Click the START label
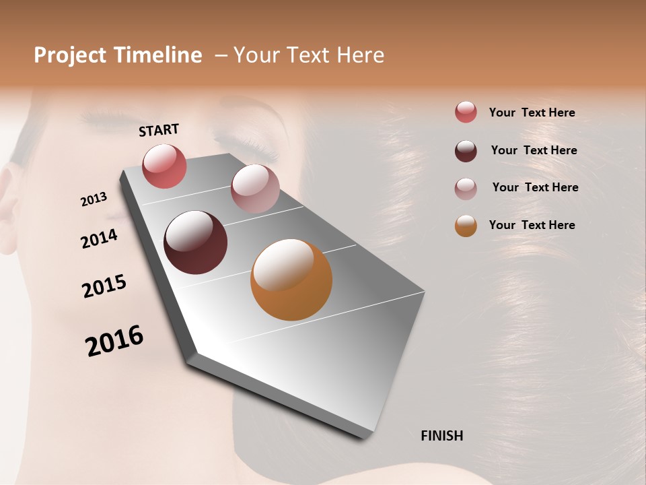pos(159,130)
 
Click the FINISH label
pos(441,436)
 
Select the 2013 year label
pos(94,199)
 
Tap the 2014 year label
pos(99,239)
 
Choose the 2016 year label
pos(114,341)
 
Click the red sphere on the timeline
pos(164,166)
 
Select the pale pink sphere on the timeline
pos(254,189)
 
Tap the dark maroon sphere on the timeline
pos(195,243)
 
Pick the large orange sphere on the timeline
pos(291,280)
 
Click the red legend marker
pos(466,112)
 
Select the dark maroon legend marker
pos(466,151)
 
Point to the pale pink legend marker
pos(466,189)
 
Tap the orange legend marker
pos(466,226)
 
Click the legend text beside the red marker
pos(532,112)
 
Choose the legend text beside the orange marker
pos(532,225)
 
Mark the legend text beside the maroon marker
pos(534,150)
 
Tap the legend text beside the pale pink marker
pos(535,187)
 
